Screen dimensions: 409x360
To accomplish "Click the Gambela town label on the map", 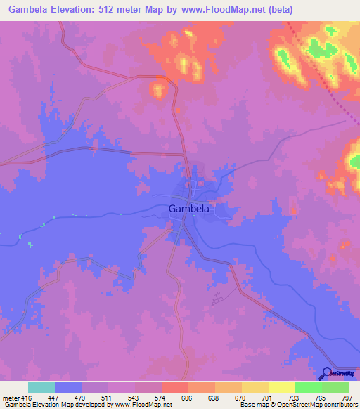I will [189, 208].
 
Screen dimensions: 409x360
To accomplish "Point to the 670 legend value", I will [240, 397].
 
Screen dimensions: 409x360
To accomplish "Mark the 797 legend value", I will [346, 397].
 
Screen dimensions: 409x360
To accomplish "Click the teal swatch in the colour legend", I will [41, 387].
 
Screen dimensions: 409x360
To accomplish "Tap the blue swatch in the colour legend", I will [67, 387].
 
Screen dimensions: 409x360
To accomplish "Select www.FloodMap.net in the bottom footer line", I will [141, 405].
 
